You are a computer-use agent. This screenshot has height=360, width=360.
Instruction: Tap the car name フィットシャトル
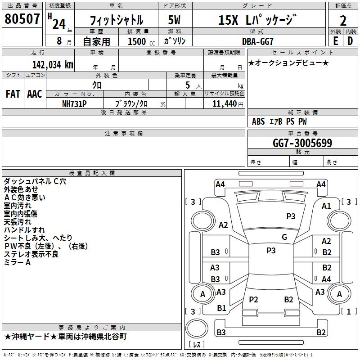click(116, 20)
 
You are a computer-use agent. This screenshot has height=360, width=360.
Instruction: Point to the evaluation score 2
click(343, 20)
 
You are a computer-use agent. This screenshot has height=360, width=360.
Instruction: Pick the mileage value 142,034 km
click(52, 65)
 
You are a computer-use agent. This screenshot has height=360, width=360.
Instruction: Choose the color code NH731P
click(75, 103)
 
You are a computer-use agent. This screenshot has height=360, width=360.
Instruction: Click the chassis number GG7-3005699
click(302, 143)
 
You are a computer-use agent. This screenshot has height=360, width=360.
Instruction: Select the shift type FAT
click(13, 94)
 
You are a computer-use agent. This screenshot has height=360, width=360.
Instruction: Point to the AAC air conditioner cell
click(35, 94)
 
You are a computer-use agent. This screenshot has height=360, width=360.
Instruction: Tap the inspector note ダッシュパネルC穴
click(35, 181)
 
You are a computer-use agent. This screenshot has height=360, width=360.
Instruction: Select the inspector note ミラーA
click(18, 262)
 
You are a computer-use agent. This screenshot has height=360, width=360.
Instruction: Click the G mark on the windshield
click(284, 237)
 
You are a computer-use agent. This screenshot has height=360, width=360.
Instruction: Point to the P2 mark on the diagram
click(253, 299)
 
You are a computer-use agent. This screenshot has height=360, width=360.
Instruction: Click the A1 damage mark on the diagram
click(326, 206)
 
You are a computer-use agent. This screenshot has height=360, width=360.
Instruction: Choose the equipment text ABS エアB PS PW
click(279, 121)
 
